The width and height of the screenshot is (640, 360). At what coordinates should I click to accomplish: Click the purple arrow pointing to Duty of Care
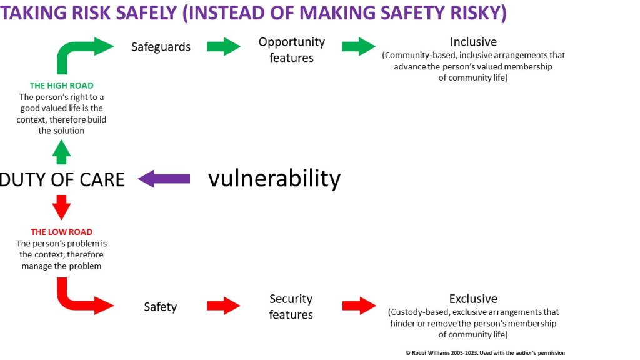tap(164, 179)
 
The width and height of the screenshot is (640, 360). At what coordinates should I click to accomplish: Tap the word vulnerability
tap(274, 179)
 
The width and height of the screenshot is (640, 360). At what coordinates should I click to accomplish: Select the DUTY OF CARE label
tap(62, 179)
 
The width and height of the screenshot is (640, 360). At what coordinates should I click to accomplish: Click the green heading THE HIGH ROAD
tap(62, 85)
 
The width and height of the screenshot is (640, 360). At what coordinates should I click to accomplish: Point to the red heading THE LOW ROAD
tap(62, 232)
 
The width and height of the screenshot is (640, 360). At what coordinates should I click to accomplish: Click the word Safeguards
tap(161, 47)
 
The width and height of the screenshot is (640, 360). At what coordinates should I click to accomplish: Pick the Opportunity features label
tap(291, 50)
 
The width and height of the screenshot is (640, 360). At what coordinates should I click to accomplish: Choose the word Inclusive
tap(474, 42)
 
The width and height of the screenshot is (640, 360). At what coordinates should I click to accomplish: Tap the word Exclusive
tap(474, 299)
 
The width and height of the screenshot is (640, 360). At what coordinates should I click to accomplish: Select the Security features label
tap(291, 306)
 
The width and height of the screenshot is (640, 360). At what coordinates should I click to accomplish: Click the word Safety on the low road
tap(161, 306)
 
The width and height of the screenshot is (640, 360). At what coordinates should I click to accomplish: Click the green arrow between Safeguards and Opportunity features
tap(224, 46)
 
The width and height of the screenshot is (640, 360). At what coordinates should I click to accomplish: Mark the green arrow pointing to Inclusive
tap(359, 46)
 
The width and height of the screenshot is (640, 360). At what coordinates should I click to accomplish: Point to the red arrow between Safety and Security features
tap(224, 306)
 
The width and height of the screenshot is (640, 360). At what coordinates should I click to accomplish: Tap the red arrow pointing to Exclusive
tap(359, 306)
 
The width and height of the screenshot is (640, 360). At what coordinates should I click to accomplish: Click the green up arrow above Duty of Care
tap(62, 152)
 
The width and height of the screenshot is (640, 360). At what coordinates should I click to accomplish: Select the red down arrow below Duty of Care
tap(62, 207)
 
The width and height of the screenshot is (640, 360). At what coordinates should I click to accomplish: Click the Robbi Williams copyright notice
tap(485, 352)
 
